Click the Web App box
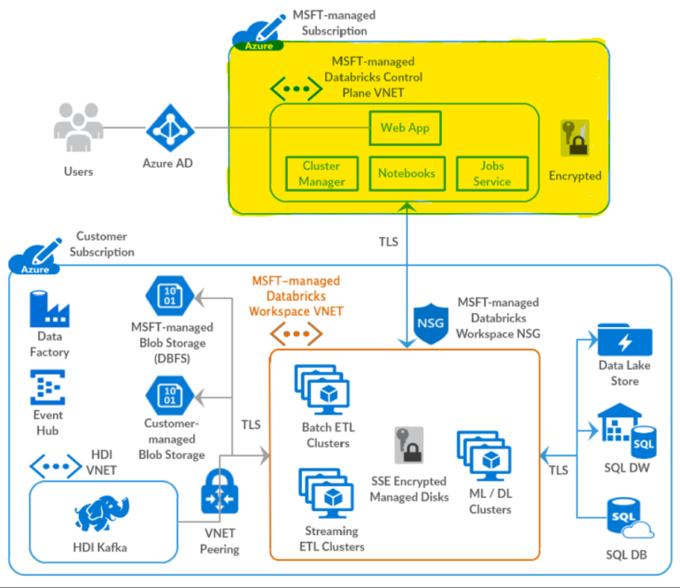pos(405,128)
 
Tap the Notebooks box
pos(406,173)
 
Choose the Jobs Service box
pos(491,173)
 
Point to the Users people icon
pos(78,128)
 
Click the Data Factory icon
pos(50,309)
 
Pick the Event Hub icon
pos(49,387)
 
